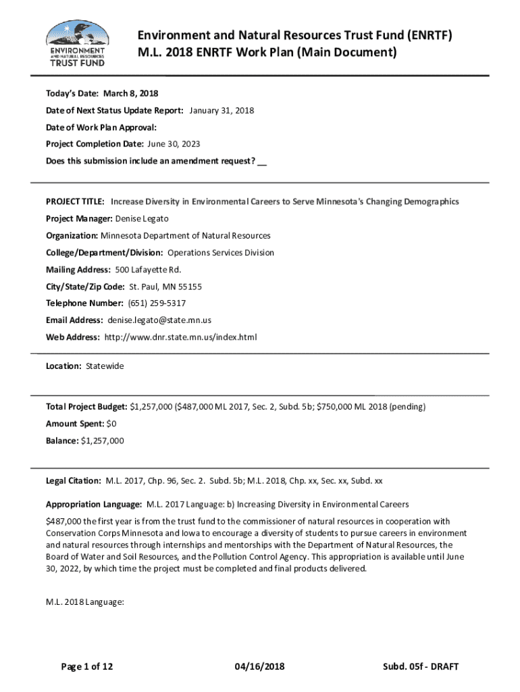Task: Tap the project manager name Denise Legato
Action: pyautogui.click(x=142, y=219)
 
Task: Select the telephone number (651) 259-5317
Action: pyautogui.click(x=157, y=303)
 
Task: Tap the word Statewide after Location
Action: pyautogui.click(x=105, y=366)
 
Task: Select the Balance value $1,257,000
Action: pyautogui.click(x=102, y=441)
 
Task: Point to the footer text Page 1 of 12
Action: pyautogui.click(x=87, y=667)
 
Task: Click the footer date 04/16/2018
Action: pyautogui.click(x=260, y=667)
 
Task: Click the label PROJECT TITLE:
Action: pyautogui.click(x=75, y=201)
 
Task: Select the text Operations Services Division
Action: pyautogui.click(x=221, y=253)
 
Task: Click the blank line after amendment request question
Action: pyautogui.click(x=262, y=162)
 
